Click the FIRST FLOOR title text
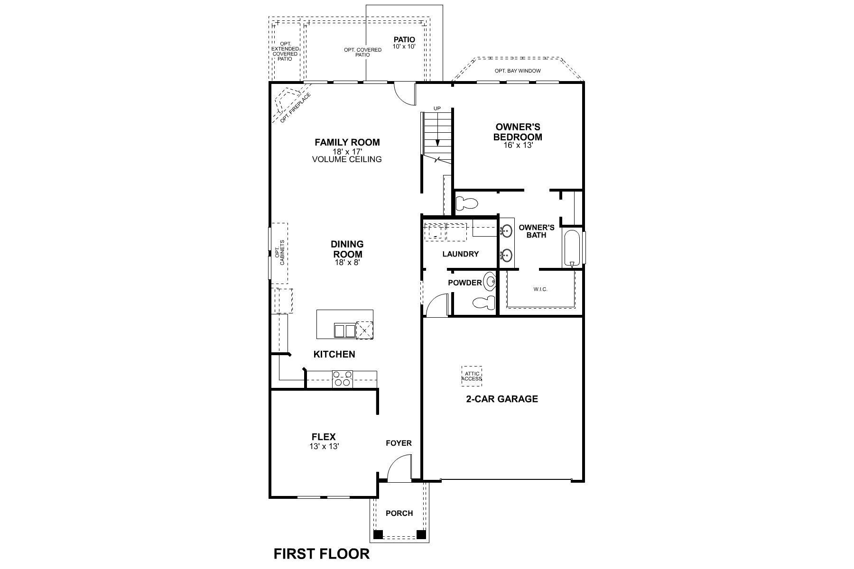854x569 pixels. pyautogui.click(x=322, y=554)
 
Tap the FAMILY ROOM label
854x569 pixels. pyautogui.click(x=347, y=142)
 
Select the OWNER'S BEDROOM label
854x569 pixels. pyautogui.click(x=518, y=132)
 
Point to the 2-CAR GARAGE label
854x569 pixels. pyautogui.click(x=502, y=399)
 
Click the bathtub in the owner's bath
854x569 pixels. pyautogui.click(x=572, y=248)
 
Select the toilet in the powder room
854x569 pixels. pyautogui.click(x=484, y=302)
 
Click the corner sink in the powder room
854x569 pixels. pyautogui.click(x=489, y=282)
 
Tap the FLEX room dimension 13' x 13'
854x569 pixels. pyautogui.click(x=324, y=446)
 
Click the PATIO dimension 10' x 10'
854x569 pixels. pyautogui.click(x=404, y=46)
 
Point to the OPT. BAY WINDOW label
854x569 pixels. pyautogui.click(x=518, y=71)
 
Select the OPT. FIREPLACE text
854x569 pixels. pyautogui.click(x=295, y=108)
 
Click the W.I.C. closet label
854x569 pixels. pyautogui.click(x=540, y=289)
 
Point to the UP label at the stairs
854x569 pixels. pyautogui.click(x=437, y=109)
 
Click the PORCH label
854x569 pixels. pyautogui.click(x=399, y=513)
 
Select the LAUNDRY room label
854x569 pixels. pyautogui.click(x=460, y=254)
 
